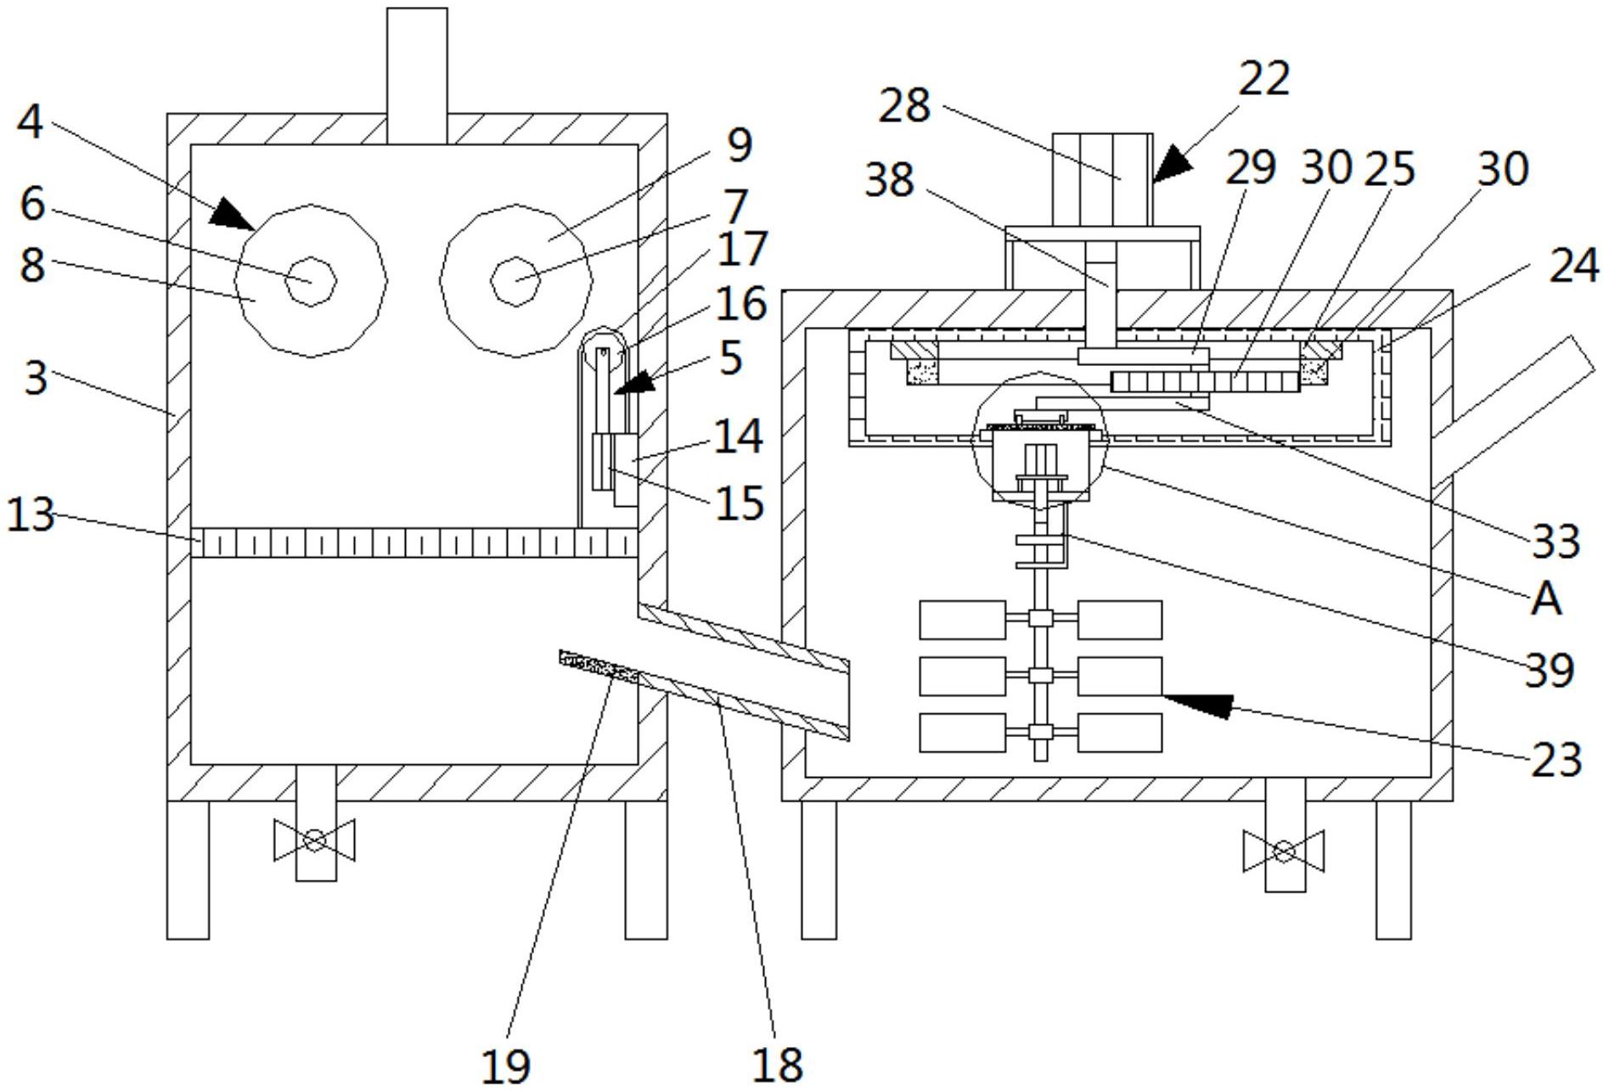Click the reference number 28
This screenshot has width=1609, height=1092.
[x=904, y=106]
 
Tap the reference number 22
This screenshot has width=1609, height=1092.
[x=1264, y=79]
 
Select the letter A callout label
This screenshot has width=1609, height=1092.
[x=1546, y=599]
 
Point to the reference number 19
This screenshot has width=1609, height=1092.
[x=506, y=1066]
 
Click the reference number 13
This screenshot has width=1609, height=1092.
[x=31, y=515]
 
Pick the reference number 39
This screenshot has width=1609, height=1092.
[x=1550, y=670]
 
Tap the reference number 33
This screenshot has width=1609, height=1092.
[x=1556, y=541]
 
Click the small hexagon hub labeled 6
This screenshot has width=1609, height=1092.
[x=311, y=280]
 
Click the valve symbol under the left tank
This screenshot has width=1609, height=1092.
[x=314, y=841]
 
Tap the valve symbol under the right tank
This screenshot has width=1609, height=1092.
[x=1284, y=851]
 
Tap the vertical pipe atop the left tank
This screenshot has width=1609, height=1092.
[x=417, y=76]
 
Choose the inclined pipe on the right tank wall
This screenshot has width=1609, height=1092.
[x=1516, y=411]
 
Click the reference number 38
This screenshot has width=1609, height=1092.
[x=890, y=180]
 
